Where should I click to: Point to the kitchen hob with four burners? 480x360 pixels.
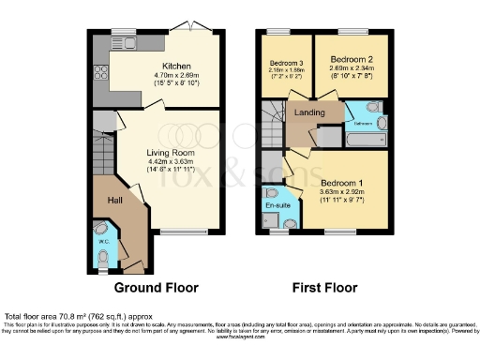[99, 74]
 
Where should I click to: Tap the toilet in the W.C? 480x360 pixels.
[103, 262]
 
